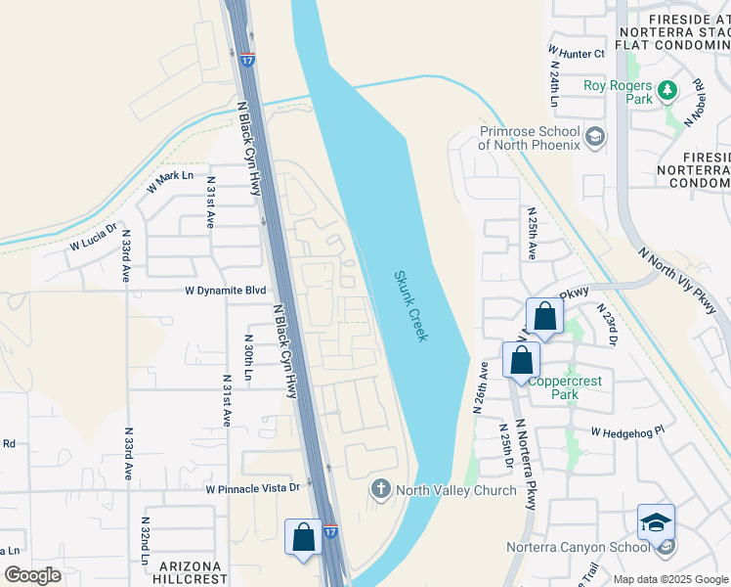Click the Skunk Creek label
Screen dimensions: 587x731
410,306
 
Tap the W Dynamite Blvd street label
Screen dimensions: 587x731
226,291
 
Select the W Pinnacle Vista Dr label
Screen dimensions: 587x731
252,488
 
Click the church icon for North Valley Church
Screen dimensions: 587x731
381,488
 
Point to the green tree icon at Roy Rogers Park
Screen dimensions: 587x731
667,91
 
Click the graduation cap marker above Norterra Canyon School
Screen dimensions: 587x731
656,522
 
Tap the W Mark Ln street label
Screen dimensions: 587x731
171,181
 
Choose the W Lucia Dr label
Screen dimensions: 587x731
93,238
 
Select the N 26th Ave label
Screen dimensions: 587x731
482,386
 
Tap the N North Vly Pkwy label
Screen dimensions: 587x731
677,280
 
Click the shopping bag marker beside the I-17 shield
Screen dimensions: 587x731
303,537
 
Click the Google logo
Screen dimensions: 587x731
32,575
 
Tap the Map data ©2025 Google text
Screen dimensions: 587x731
669,579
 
